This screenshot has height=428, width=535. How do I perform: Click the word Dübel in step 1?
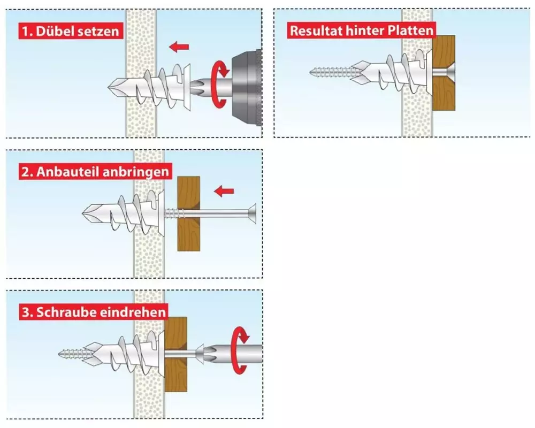[x=55, y=31]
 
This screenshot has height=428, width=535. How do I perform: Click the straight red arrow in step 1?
[x=179, y=47]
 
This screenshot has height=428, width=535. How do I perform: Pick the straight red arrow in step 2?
[x=224, y=190]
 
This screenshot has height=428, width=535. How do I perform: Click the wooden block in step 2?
[x=188, y=213]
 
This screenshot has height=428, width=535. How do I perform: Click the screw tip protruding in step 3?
[x=67, y=353]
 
